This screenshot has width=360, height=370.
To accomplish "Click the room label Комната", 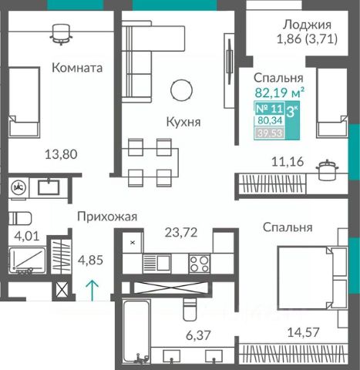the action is pyautogui.click(x=77, y=68).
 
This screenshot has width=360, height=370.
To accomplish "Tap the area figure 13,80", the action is pyautogui.click(x=61, y=155).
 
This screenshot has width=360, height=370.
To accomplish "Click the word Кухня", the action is pyautogui.click(x=183, y=123).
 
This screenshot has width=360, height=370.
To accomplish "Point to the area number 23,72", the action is pyautogui.click(x=181, y=233).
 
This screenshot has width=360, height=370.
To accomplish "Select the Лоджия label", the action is pyautogui.click(x=307, y=25).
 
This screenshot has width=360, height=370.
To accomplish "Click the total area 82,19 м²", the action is pyautogui.click(x=280, y=92).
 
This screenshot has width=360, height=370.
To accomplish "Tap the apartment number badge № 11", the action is pyautogui.click(x=269, y=109).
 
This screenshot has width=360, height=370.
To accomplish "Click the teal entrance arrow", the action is pyautogui.click(x=93, y=291).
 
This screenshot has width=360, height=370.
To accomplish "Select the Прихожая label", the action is pyautogui.click(x=107, y=217).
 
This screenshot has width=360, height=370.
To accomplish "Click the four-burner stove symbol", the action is pyautogui.click(x=200, y=264).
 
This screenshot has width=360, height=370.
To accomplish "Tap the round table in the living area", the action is pyautogui.click(x=181, y=90).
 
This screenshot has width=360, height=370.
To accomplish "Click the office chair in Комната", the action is pyautogui.click(x=61, y=34).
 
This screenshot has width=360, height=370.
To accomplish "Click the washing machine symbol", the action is pyautogui.click(x=19, y=187).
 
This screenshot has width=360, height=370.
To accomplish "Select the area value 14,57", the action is pyautogui.click(x=303, y=332).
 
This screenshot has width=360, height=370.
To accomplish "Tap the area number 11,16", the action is pyautogui.click(x=288, y=162).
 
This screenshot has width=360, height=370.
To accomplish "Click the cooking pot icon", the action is pyautogui.click(x=327, y=170).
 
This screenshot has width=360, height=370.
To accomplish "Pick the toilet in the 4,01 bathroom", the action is pyautogui.click(x=20, y=218).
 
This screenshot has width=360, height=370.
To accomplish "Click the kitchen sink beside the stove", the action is pyautogui.click(x=156, y=263).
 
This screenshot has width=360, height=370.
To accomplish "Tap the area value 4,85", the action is pyautogui.click(x=90, y=260).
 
